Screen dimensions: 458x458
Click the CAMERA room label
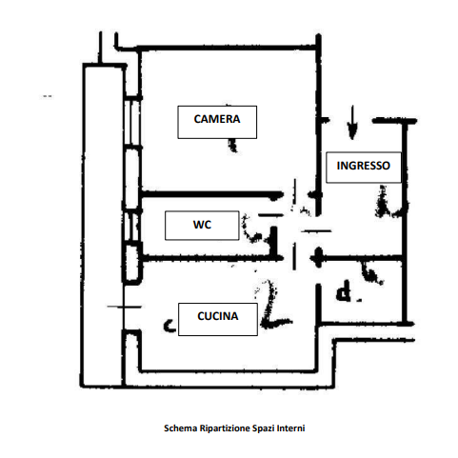tap(217, 122)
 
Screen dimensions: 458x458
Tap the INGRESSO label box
tap(364, 168)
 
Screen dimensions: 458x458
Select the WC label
tap(202, 226)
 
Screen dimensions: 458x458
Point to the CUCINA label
tap(218, 319)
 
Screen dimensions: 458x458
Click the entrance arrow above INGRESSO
tap(352, 123)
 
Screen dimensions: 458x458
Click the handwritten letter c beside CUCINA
tap(169, 326)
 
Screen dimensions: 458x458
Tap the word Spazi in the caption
tap(264, 428)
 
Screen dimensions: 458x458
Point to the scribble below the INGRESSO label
tap(388, 203)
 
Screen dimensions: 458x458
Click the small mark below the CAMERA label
tap(233, 146)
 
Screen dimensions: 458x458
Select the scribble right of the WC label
tap(254, 229)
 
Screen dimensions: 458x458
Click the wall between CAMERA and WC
tap(211, 194)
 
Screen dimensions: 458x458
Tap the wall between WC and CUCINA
tap(211, 258)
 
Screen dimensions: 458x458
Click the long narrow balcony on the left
tap(103, 226)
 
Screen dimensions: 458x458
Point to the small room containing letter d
tap(361, 291)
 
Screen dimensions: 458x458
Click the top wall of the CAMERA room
tap(228, 48)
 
